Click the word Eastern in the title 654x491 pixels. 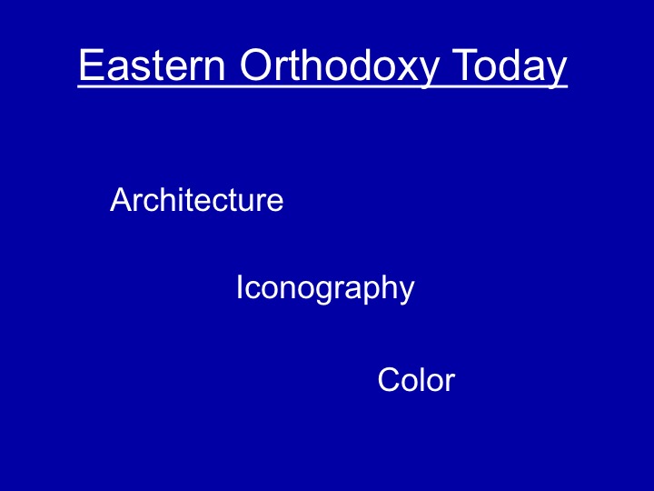click(152, 65)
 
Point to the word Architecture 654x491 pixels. click(196, 199)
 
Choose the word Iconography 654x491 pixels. click(325, 289)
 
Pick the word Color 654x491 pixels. click(416, 379)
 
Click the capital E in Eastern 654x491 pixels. click(91, 65)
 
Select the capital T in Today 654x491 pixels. click(465, 65)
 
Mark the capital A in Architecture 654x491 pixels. click(122, 199)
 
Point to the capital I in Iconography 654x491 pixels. click(240, 286)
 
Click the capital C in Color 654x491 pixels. click(389, 379)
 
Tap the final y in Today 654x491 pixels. click(556, 74)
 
